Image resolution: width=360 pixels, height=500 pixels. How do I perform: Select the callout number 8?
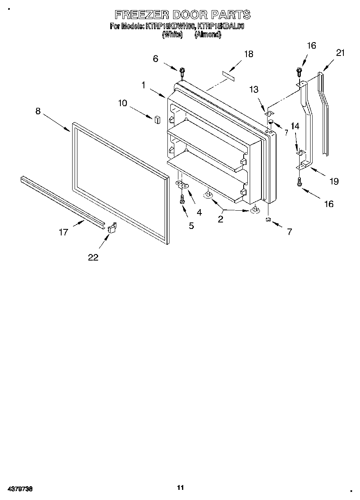(x=38, y=111)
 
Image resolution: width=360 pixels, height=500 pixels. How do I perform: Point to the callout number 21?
(x=340, y=53)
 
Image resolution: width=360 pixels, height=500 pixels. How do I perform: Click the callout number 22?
(x=93, y=257)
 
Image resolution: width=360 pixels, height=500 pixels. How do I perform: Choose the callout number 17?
(x=64, y=232)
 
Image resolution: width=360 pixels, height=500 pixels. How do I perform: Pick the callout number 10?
(x=122, y=103)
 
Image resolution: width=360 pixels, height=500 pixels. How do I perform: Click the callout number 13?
(x=254, y=90)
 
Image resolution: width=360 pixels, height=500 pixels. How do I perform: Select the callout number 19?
(x=334, y=181)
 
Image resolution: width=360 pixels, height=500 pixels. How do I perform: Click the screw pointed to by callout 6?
(x=182, y=72)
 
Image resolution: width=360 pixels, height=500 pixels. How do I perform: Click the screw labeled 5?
(x=182, y=199)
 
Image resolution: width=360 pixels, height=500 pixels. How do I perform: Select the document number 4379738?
(x=20, y=489)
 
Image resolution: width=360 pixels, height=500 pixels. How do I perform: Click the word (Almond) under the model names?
(x=208, y=35)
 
